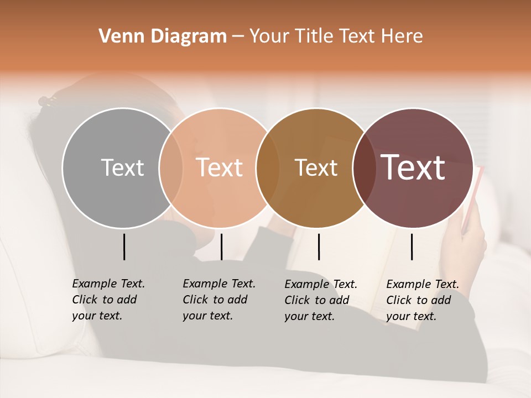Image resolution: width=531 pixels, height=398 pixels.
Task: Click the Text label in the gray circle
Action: [122, 167]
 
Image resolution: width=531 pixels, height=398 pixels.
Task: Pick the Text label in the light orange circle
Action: [219, 167]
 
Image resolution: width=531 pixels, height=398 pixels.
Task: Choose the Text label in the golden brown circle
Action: [316, 167]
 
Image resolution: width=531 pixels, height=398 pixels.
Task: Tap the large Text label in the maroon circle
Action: [413, 167]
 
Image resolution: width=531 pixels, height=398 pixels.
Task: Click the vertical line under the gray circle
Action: [124, 247]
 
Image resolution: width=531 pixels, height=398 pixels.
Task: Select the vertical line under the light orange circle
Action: [221, 247]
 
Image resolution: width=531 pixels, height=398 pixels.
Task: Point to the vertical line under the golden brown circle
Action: [319, 247]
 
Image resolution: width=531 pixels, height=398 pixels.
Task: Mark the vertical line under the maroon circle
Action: [412, 247]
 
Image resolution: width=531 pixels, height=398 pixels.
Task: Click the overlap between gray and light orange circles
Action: [171, 168]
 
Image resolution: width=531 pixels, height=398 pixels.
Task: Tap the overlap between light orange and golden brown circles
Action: [268, 168]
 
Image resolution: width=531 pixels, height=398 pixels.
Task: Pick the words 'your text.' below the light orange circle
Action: [208, 316]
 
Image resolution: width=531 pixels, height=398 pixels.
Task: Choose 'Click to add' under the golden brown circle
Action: [317, 300]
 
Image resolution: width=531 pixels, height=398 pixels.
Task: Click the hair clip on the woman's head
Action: [47, 101]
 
